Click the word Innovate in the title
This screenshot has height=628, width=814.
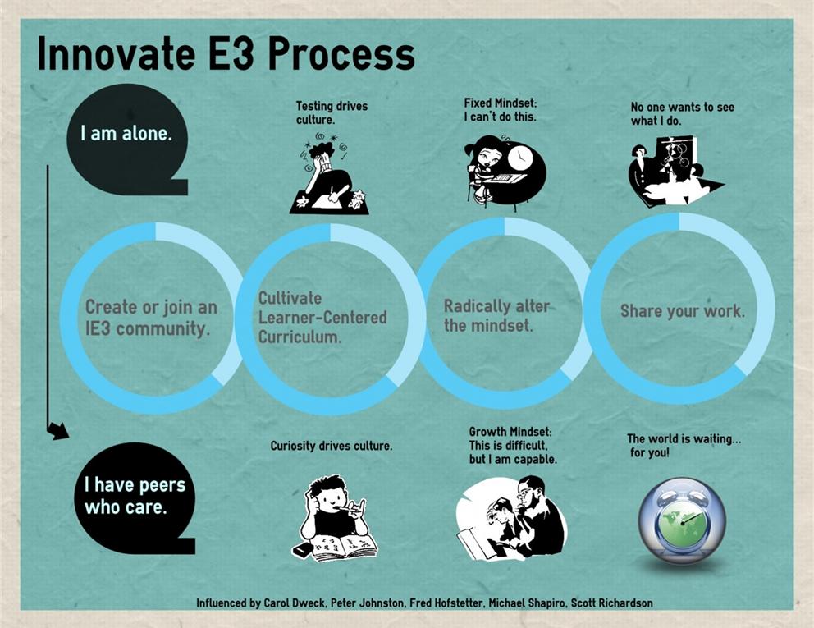(x=117, y=53)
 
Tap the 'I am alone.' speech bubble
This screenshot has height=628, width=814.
(x=126, y=140)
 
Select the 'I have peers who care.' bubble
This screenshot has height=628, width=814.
(x=135, y=497)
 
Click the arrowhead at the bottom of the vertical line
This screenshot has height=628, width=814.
(x=57, y=431)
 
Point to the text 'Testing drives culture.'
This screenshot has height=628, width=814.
(x=332, y=112)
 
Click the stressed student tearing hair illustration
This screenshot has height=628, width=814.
(x=329, y=173)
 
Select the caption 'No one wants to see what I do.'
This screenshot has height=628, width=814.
(x=682, y=114)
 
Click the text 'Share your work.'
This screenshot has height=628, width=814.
(x=683, y=310)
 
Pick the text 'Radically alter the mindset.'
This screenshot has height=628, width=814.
(x=496, y=315)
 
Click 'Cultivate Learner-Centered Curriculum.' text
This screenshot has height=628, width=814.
(x=322, y=318)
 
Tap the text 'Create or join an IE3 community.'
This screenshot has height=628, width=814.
(x=151, y=318)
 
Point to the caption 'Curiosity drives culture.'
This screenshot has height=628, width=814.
(x=332, y=446)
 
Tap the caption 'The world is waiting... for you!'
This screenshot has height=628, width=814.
(x=684, y=446)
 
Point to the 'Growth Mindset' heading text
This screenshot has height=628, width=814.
(x=510, y=432)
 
